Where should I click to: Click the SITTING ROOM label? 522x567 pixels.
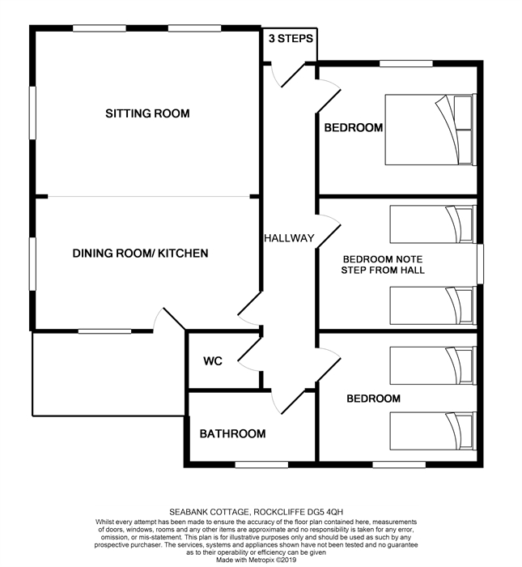[147, 113]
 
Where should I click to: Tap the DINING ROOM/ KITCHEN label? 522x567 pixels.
[140, 253]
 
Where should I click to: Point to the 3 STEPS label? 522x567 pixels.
[291, 38]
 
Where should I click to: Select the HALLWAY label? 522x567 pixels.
[289, 238]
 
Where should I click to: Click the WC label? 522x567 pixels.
[212, 361]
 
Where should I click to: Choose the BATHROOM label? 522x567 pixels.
[232, 433]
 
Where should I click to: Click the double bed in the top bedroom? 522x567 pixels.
[431, 130]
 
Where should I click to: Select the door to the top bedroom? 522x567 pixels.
[328, 96]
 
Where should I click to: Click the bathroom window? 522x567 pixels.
[261, 465]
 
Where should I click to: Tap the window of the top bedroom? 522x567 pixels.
[406, 64]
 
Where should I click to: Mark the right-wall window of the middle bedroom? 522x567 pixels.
[480, 264]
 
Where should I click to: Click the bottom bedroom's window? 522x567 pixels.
[399, 465]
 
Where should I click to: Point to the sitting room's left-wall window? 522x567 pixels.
[32, 113]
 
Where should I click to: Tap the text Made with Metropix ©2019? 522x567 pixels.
[256, 561]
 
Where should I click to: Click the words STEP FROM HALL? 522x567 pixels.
[383, 270]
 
